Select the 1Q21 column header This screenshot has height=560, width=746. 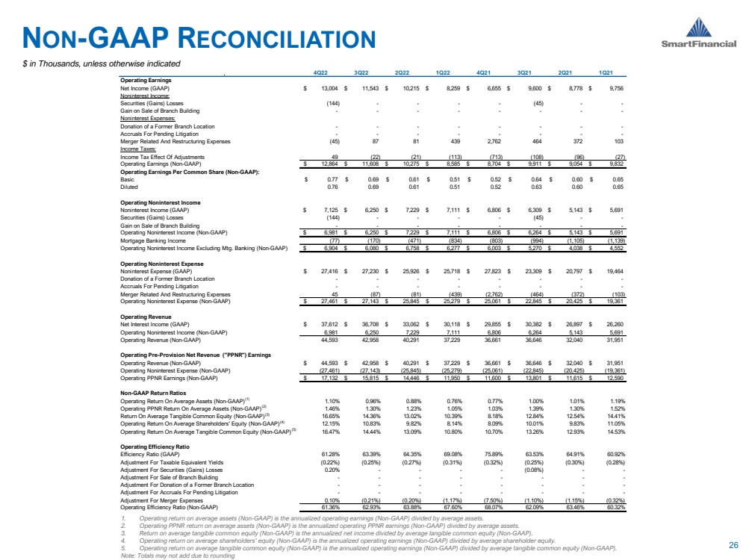[x=606, y=72]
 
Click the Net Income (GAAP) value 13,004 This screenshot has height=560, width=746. [x=327, y=87]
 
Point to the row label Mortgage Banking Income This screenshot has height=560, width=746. [x=149, y=241]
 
